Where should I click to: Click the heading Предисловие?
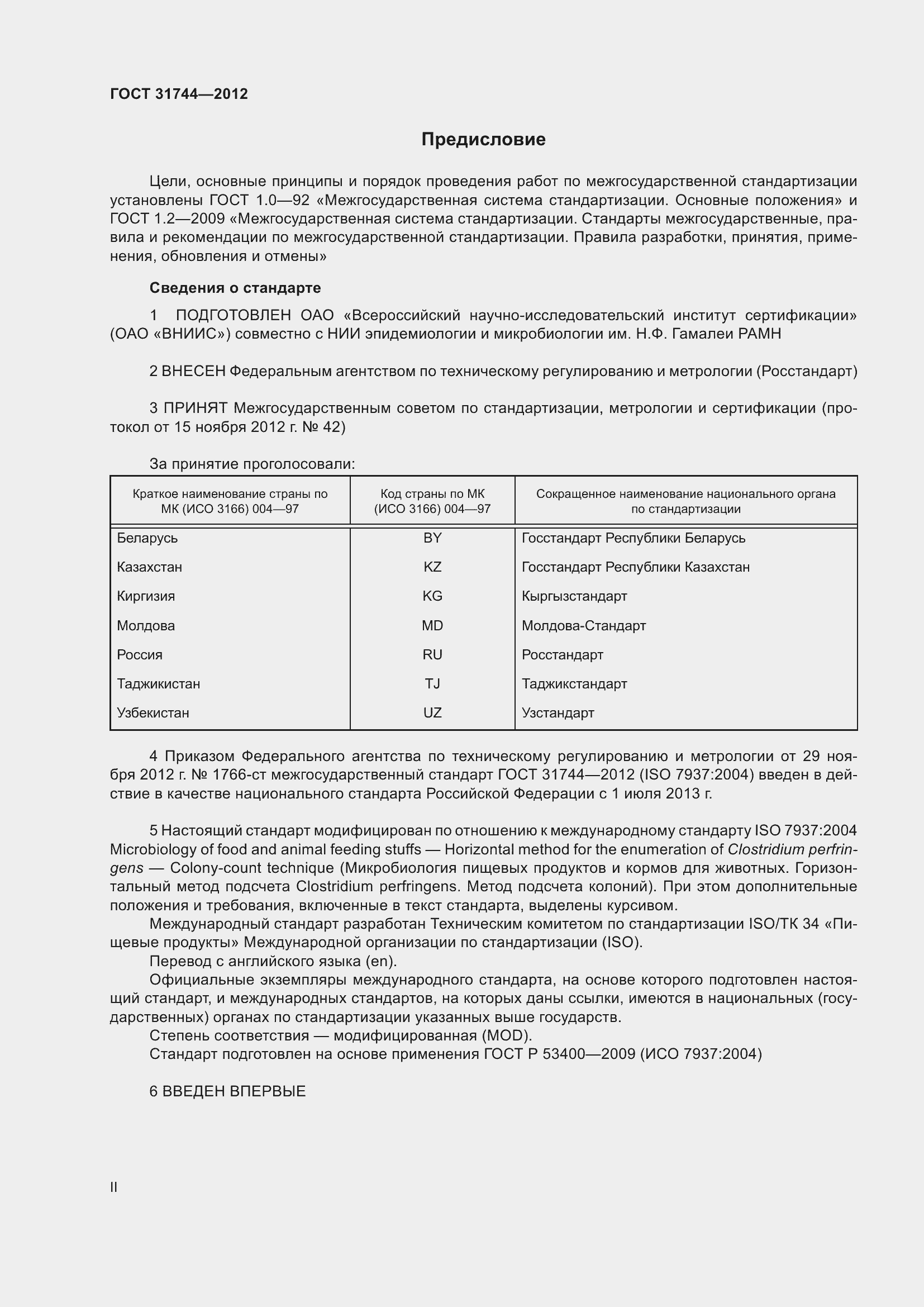point(483,140)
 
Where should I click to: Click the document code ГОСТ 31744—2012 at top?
point(179,94)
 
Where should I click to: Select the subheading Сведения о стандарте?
point(235,288)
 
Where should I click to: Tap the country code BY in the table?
point(432,538)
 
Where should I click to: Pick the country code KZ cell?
point(432,567)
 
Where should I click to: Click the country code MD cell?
point(432,626)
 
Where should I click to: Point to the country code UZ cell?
point(432,712)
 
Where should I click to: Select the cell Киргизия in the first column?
point(146,596)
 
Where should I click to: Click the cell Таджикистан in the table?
point(158,683)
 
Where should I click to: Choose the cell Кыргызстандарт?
point(574,596)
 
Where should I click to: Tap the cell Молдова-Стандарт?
point(583,626)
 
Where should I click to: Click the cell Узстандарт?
point(558,712)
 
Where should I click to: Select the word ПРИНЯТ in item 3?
point(196,408)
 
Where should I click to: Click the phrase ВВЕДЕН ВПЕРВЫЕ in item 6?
point(234,1091)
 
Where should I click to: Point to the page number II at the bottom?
point(114,1187)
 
